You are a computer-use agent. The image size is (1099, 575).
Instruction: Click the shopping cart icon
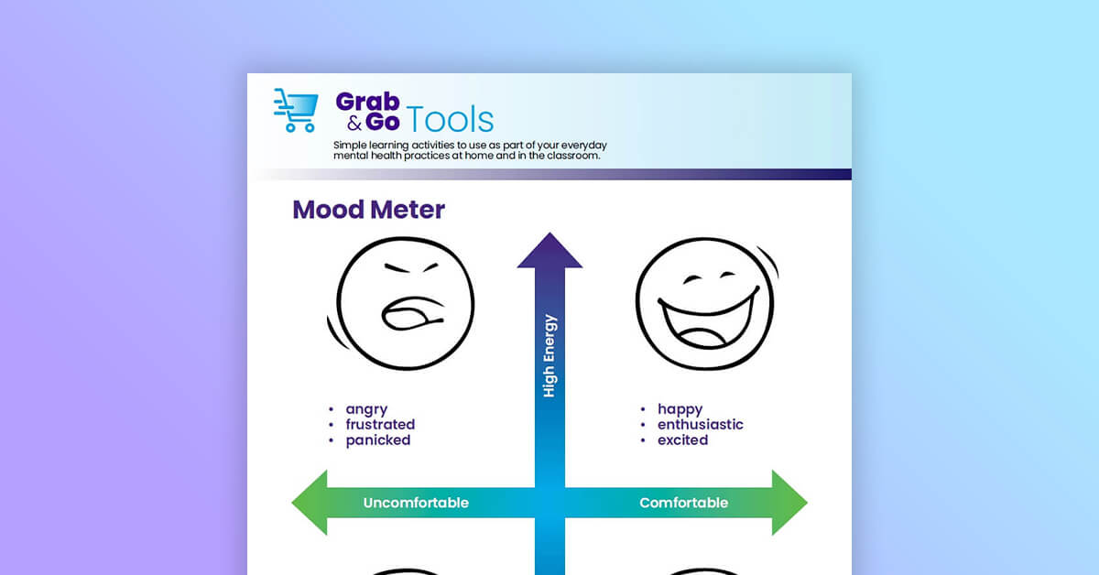296,110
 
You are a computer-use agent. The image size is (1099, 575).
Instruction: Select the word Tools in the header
451,119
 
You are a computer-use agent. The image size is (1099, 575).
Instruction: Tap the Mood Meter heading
368,209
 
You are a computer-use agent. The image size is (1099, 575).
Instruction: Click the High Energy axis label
549,356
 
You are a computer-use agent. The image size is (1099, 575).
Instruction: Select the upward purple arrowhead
549,251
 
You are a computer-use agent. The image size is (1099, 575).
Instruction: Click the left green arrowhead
310,503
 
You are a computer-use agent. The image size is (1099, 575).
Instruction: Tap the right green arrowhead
789,503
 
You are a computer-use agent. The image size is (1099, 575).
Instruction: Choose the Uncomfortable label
416,503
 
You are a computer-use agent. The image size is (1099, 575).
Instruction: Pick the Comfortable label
683,503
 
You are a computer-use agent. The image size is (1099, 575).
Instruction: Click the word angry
366,409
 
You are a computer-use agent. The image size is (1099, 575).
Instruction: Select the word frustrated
380,425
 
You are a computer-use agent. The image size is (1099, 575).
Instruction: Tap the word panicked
377,440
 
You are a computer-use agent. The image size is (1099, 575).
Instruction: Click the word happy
680,409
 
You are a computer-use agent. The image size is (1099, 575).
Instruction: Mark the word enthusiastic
700,425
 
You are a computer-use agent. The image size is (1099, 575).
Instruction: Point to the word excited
682,440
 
